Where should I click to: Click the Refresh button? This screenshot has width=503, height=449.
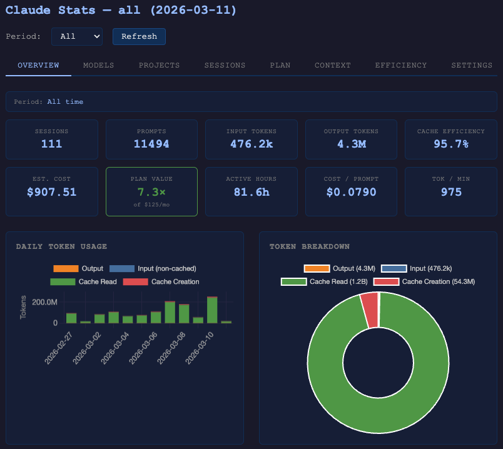click(139, 36)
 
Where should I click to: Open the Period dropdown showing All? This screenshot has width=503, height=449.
click(77, 36)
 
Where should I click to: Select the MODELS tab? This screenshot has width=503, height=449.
click(99, 65)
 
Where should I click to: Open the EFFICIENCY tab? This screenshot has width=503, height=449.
click(401, 65)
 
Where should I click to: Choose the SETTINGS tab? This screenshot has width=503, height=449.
click(472, 65)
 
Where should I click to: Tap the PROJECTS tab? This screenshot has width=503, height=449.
click(160, 65)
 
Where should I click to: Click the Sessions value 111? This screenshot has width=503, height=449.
click(52, 144)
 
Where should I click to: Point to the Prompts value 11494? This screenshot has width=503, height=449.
click(151, 144)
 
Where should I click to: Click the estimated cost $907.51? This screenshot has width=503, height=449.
click(52, 192)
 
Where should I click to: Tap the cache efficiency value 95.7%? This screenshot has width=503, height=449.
click(451, 144)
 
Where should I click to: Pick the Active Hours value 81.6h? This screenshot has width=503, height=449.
click(251, 192)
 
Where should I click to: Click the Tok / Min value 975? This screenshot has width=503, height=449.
click(451, 192)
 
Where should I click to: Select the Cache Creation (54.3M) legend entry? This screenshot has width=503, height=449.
click(425, 282)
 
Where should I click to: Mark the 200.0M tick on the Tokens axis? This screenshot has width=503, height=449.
click(44, 303)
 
